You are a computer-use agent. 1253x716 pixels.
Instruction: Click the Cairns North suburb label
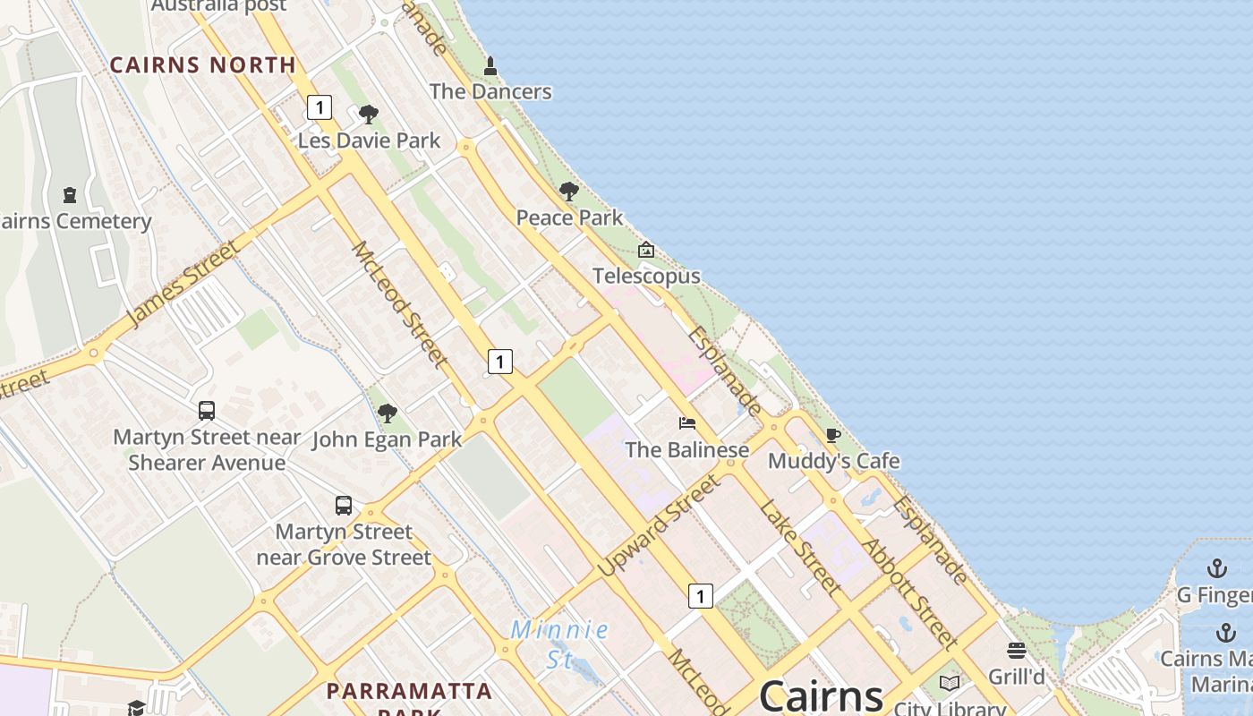click(202, 64)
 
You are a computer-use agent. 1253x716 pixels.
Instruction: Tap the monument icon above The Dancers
click(490, 66)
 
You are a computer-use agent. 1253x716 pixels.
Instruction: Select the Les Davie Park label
click(369, 141)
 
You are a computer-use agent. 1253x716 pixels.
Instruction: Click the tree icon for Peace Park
click(568, 192)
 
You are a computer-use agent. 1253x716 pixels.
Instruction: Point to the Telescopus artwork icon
click(645, 250)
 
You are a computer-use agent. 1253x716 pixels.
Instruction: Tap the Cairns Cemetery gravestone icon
click(70, 194)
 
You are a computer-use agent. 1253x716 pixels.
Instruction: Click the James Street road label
click(183, 283)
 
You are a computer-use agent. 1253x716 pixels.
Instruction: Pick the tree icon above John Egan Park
click(387, 413)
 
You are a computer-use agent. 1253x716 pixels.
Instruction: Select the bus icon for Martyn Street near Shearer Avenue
click(207, 411)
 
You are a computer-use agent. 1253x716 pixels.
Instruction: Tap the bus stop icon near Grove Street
click(344, 506)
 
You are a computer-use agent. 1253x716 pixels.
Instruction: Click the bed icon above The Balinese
click(686, 423)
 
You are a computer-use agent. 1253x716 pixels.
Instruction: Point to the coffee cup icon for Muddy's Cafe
click(833, 436)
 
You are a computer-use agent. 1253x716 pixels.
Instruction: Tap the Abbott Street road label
click(909, 592)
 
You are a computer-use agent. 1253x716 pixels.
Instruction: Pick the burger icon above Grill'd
click(1016, 651)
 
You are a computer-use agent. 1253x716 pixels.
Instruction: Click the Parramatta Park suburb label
click(409, 692)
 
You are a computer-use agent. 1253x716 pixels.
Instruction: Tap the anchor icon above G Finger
click(1216, 568)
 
